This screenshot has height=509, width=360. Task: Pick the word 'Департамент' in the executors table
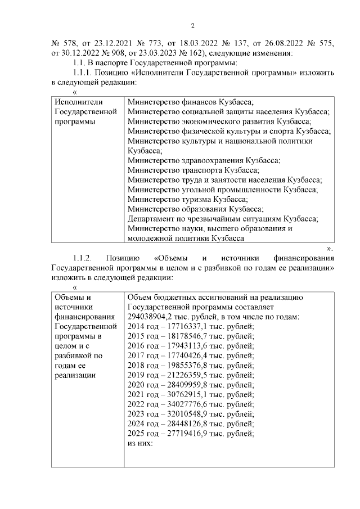151,219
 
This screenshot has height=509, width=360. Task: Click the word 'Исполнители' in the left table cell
77,102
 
